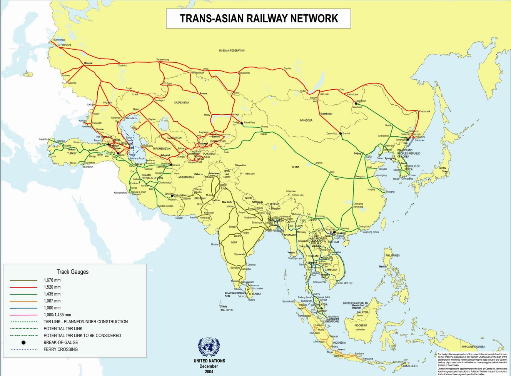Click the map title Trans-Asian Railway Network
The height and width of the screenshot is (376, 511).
259,18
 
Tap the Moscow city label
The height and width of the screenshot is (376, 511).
88,63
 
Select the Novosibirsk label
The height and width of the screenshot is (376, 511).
244,73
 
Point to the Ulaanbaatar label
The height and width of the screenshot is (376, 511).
326,114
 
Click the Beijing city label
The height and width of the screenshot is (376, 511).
357,154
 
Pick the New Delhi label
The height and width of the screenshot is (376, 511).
227,202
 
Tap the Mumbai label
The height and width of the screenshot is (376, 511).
214,244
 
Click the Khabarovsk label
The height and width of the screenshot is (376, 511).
424,112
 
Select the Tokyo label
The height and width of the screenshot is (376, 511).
445,171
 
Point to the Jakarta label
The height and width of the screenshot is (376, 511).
341,349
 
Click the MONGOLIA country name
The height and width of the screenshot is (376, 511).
306,120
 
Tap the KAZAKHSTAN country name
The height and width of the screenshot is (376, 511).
182,103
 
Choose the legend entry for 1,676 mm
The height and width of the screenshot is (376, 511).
52,280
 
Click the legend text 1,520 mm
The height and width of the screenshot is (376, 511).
52,287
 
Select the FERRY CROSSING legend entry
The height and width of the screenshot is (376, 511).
60,349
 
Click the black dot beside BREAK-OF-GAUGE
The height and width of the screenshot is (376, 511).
23,343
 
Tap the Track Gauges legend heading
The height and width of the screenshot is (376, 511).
72,272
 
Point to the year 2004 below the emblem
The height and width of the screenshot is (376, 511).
209,371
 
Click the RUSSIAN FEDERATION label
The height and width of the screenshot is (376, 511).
232,50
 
